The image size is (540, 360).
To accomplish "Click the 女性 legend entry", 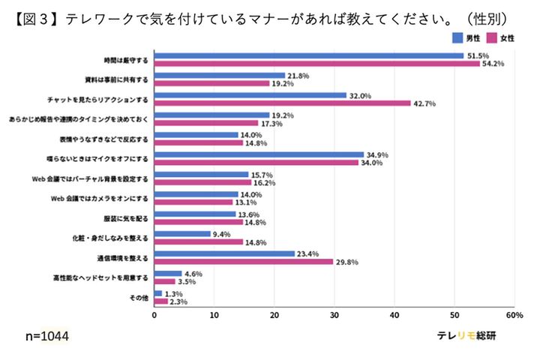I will point(505,37).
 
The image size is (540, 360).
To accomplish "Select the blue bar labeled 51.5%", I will point(308,55).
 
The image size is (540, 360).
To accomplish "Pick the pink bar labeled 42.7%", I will point(282,103).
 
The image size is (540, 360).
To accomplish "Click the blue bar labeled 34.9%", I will point(259,154).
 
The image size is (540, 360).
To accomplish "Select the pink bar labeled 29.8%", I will point(244,262).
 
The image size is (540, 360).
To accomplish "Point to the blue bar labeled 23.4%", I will point(224,253).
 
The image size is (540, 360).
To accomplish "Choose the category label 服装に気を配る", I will point(127,218).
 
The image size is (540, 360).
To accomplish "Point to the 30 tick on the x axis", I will point(334,316).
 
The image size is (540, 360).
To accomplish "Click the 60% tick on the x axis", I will point(513,316).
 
